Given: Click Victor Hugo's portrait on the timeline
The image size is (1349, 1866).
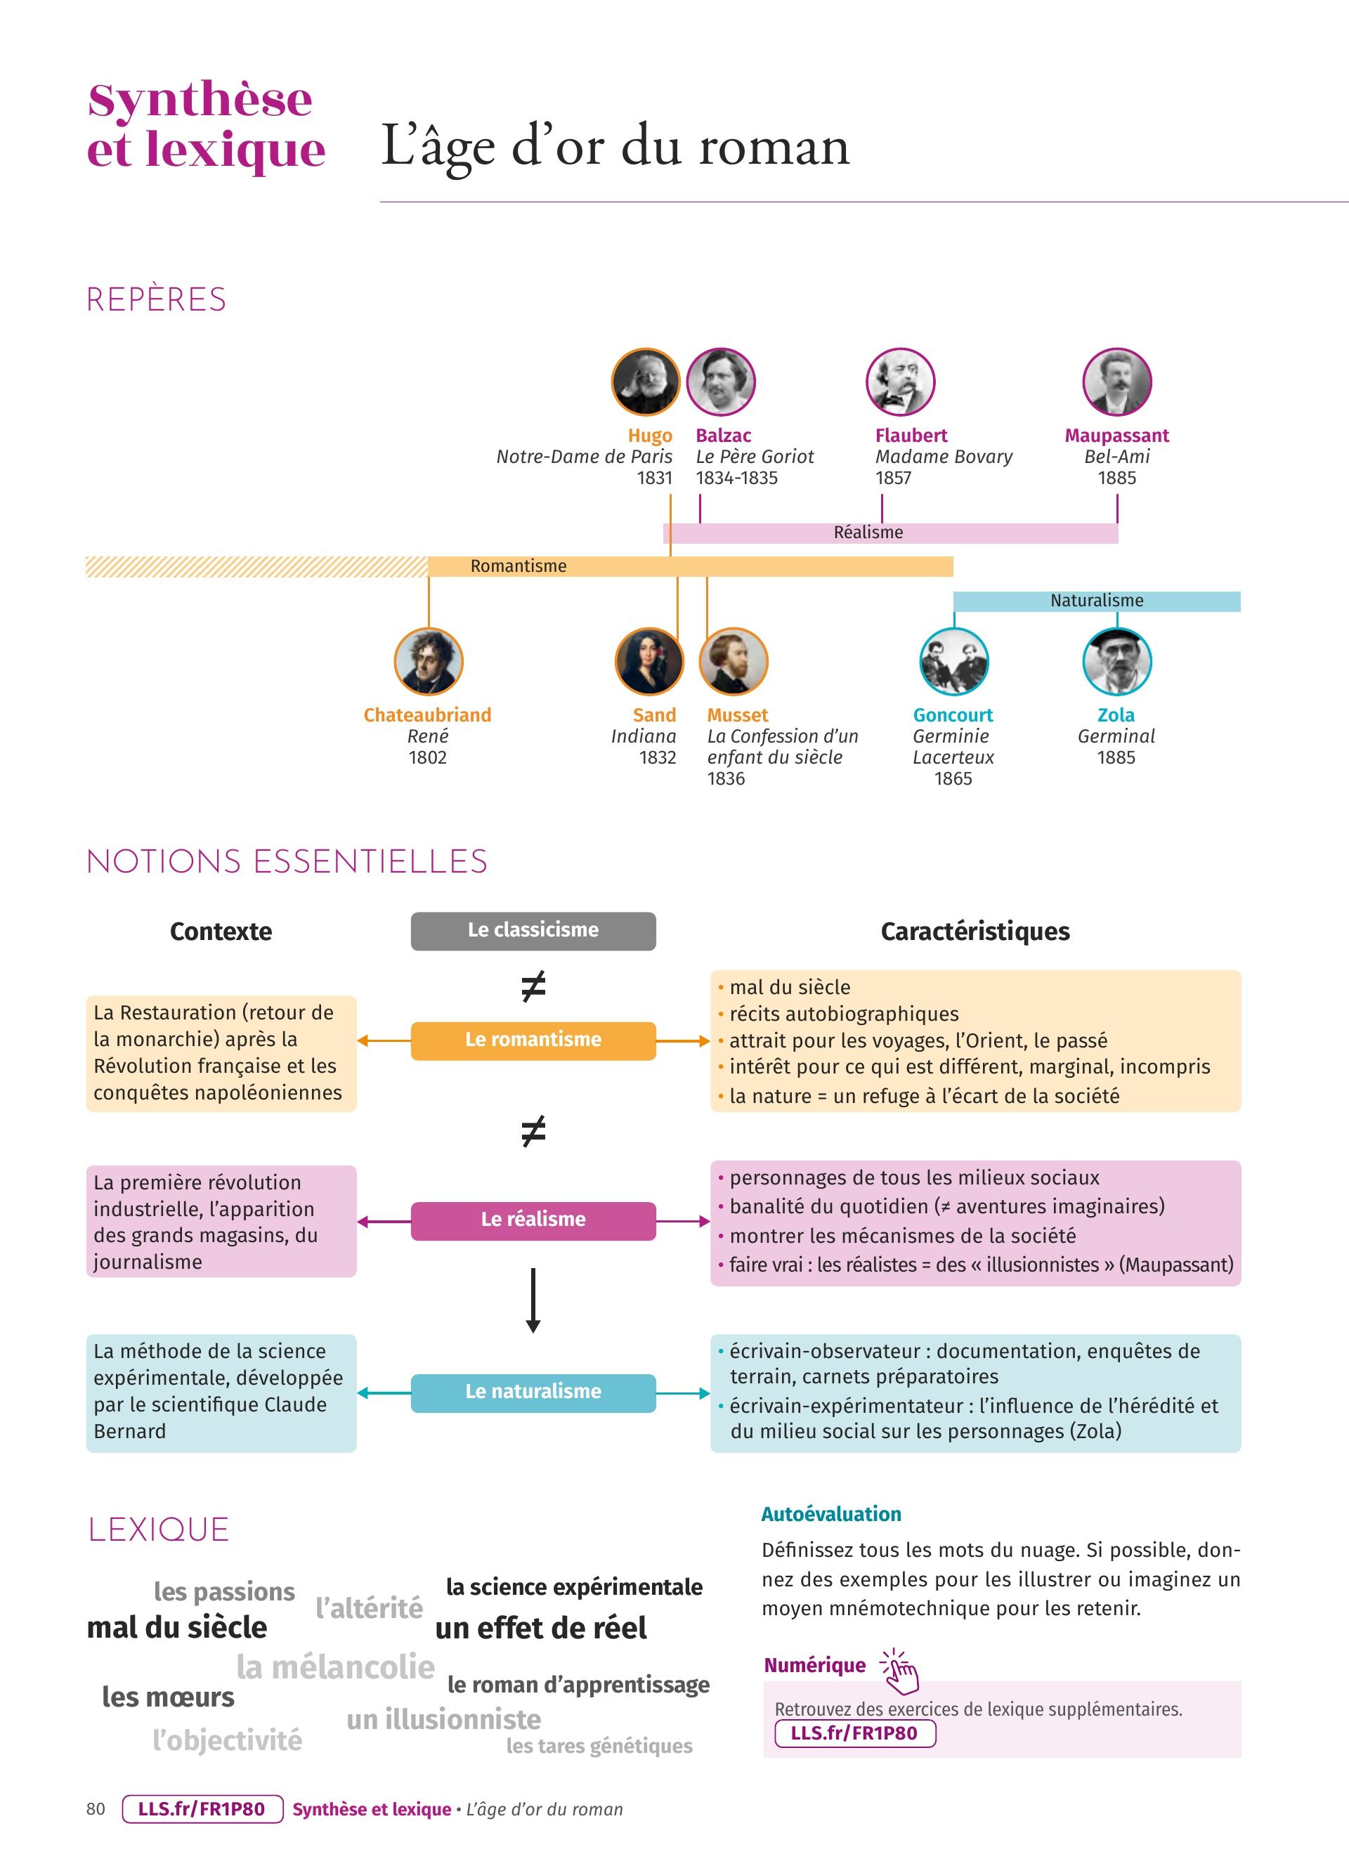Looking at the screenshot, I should pos(646,381).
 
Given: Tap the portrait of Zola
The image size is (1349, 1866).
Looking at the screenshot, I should pos(1116,662).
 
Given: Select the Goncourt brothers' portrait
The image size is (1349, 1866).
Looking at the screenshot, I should pos(953,662).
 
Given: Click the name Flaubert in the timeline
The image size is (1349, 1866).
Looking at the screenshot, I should pos(911,435).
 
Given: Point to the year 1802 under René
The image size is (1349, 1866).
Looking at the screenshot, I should pos(428,757).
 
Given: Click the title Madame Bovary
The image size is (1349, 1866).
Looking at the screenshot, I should pos(944,457).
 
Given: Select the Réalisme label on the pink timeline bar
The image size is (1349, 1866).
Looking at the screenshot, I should pos(868,533).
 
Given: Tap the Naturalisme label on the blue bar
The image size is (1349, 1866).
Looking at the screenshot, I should pos(1097,601).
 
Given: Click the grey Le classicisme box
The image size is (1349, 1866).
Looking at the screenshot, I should pos(533,930).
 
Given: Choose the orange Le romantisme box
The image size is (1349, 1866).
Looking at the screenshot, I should pos(533,1040).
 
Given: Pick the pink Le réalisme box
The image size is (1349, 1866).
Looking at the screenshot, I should pos(533,1220).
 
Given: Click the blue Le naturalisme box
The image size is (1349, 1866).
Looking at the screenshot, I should pos(533,1392).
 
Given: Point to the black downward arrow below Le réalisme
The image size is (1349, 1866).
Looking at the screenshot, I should pos(533,1300).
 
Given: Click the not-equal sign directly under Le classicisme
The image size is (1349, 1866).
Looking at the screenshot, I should pos(533,986).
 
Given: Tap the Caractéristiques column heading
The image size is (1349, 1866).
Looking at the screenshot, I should pos(975,932).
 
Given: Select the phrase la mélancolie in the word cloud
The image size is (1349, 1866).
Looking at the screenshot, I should pos(336,1667).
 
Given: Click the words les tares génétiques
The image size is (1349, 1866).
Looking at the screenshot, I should pos(599,1745).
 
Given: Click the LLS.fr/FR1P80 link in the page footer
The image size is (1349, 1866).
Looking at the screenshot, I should pos(202,1809).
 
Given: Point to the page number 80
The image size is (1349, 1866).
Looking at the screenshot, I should pos(96,1809).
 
